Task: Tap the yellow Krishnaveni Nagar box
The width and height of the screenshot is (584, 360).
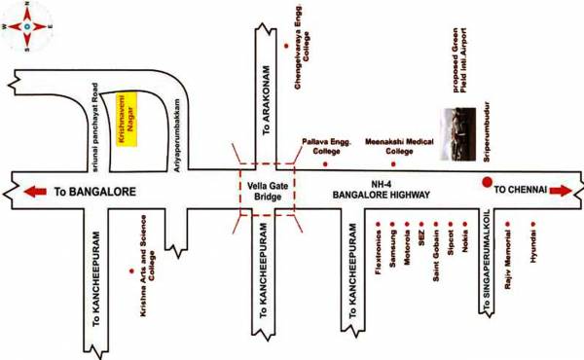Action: coord(126,120)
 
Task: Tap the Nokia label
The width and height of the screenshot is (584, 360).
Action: coord(467,249)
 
